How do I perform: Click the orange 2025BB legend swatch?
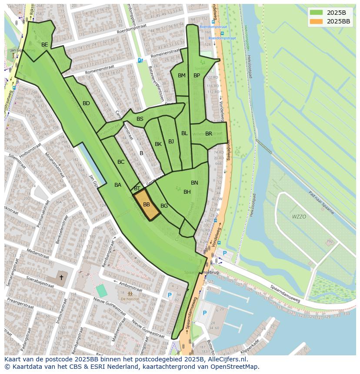point(317,21)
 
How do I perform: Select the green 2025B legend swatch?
point(317,13)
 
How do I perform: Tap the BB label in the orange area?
point(147,205)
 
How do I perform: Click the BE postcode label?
point(44,45)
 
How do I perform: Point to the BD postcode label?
point(86,103)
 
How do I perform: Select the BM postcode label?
point(182,76)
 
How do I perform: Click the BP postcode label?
point(197,76)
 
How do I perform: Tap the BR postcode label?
point(209,134)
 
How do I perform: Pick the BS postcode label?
point(140,119)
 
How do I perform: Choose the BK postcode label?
point(158,144)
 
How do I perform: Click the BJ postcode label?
point(171,142)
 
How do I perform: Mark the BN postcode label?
point(194,183)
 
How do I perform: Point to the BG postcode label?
point(164,206)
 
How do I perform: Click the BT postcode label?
point(137,189)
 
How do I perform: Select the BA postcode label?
point(118,185)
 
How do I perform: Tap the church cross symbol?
point(61,278)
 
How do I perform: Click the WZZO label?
point(299,216)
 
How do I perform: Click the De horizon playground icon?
point(130,294)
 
